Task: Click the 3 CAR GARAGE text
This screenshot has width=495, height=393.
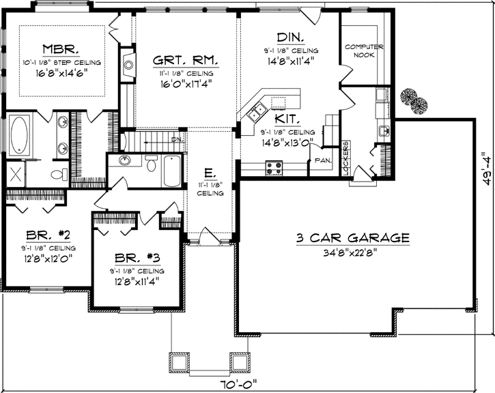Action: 353,238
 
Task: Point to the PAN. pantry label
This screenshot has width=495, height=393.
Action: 322,161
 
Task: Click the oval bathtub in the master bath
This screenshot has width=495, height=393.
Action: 21,134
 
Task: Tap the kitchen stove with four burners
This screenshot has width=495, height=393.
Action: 274,166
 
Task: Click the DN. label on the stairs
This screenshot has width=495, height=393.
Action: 177,139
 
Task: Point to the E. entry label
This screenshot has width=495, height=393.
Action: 211,173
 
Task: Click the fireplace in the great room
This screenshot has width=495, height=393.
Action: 128,65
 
